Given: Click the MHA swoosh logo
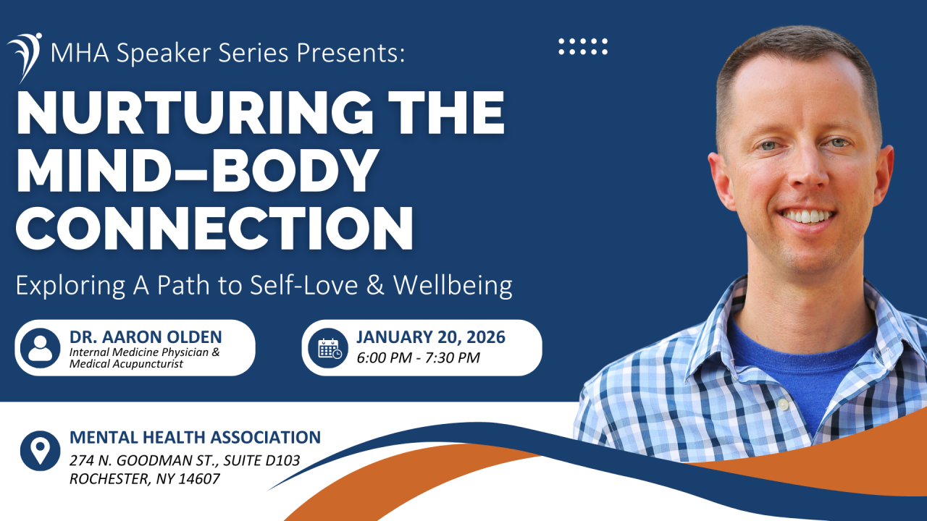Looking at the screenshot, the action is point(25,57).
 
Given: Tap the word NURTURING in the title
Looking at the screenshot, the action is point(195,113).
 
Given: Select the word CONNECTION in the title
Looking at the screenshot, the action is point(214,228).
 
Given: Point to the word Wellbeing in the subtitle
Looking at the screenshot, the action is point(453,286).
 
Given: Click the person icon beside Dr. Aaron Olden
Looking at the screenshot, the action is point(40,348).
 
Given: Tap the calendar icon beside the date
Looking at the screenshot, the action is point(328,348).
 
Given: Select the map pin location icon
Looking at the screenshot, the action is point(40,451).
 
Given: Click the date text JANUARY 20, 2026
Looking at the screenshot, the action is point(431,337).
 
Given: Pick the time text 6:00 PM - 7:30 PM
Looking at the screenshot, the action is point(419,357).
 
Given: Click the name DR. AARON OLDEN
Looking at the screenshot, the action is point(146,337).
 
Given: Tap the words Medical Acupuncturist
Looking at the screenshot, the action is point(126,364).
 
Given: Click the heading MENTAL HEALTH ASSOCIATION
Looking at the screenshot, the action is point(195,438).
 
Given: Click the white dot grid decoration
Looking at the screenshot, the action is point(583,46).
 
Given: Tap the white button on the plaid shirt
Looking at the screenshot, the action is point(783,404).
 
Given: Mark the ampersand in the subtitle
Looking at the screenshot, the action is point(375,286).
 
